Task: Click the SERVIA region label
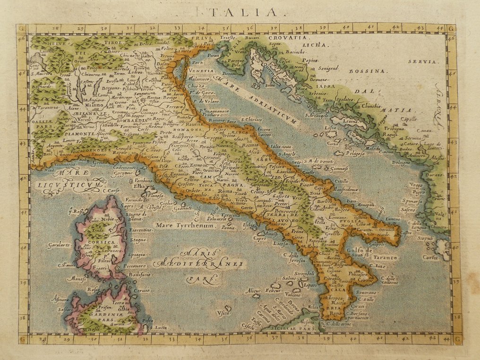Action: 414,61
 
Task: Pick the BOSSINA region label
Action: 368,71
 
